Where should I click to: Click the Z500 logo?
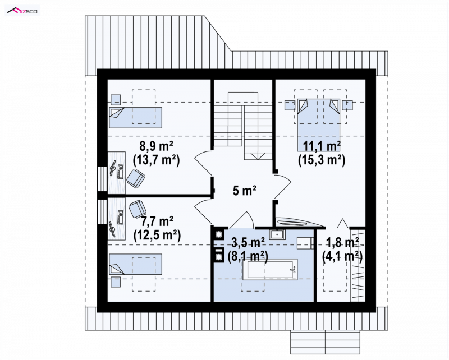22,11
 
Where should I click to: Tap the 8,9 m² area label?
157,146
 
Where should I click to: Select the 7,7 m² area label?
157,221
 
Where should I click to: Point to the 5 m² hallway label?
244,190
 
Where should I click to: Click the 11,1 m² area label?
322,146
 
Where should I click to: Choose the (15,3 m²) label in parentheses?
322,160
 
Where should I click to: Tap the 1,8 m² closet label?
343,243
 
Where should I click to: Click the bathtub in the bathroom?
270,269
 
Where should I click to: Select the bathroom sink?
277,234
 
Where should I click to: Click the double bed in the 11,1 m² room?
319,125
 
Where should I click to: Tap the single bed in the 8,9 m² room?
135,118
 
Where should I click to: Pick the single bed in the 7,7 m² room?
135,264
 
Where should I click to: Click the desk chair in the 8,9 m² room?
135,178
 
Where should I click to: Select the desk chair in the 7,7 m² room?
138,209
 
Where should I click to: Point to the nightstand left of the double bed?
290,105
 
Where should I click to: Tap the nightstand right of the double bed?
347,105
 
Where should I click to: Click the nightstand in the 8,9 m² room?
116,99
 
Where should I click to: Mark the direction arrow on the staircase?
258,156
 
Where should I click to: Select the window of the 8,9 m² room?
102,179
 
